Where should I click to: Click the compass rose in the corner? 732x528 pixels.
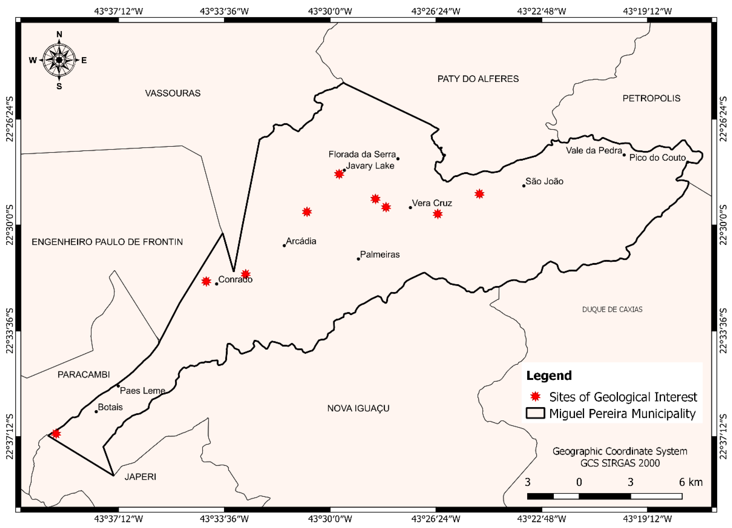click(59, 60)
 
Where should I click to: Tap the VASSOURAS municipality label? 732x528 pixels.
click(173, 93)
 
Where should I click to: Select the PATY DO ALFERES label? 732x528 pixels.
click(478, 79)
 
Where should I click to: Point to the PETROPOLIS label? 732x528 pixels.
click(651, 98)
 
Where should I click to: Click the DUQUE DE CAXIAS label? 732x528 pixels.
click(612, 309)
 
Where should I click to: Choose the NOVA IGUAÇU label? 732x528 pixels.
click(358, 408)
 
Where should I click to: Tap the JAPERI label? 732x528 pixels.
click(140, 477)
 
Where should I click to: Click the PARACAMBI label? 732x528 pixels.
click(83, 374)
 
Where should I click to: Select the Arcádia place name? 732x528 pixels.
click(301, 241)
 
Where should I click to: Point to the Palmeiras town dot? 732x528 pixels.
click(358, 259)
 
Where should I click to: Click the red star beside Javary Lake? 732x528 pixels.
click(339, 174)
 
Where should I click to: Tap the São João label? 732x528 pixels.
click(544, 181)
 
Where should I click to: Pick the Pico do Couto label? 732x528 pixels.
click(657, 158)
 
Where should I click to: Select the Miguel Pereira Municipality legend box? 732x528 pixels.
click(535, 413)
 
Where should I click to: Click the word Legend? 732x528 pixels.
click(549, 376)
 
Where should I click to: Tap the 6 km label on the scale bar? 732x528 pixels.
click(691, 482)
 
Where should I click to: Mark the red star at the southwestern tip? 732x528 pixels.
click(56, 433)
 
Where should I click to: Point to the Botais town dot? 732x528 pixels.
click(96, 411)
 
